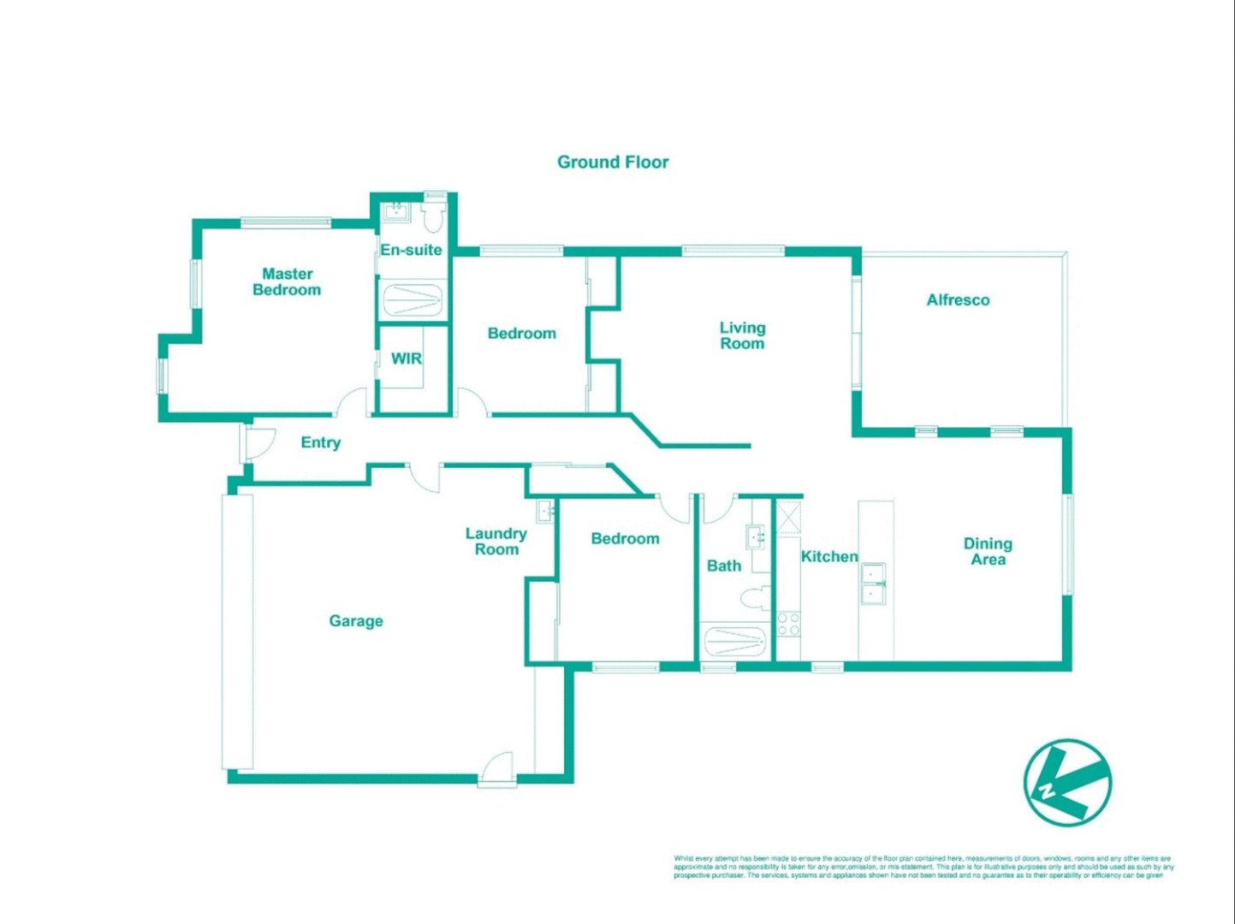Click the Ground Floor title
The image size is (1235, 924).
click(x=613, y=162)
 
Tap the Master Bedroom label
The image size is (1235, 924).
click(x=287, y=281)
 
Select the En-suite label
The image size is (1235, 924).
click(x=411, y=250)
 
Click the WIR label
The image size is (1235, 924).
click(x=406, y=358)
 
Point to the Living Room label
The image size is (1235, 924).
click(x=742, y=335)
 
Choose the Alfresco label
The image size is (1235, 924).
click(x=958, y=299)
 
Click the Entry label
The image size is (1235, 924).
click(x=320, y=442)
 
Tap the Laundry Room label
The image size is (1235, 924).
click(x=496, y=541)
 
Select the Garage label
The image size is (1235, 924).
click(x=356, y=620)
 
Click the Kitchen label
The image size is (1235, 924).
click(x=828, y=556)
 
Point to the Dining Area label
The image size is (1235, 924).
click(x=988, y=551)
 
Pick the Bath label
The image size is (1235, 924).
click(x=723, y=566)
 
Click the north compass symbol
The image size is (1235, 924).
click(x=1067, y=782)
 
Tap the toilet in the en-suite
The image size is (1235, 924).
click(x=433, y=217)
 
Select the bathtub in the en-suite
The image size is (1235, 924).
click(x=412, y=300)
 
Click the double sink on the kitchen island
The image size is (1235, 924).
click(x=873, y=583)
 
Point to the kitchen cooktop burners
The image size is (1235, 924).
click(x=788, y=624)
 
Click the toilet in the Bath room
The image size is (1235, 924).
click(x=755, y=597)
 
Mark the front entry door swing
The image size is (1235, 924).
click(x=259, y=440)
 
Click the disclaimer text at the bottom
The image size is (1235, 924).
click(x=923, y=867)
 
